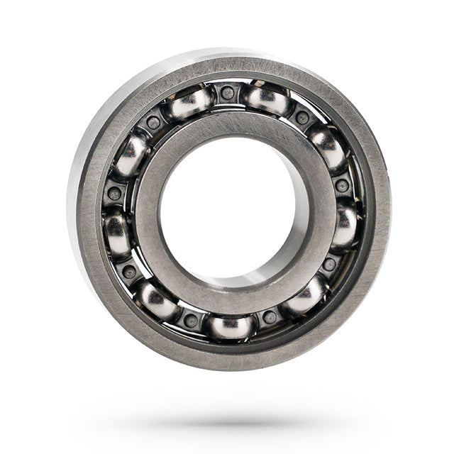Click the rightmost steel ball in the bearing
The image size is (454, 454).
tap(344, 226)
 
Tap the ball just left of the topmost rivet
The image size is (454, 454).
tap(189, 103)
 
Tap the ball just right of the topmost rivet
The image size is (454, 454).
tap(267, 100)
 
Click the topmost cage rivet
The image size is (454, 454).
tap(227, 92)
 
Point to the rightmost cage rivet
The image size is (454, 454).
tap(343, 185)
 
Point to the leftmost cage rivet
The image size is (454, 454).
tap(114, 194)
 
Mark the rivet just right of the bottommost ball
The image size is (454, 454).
tap(270, 316)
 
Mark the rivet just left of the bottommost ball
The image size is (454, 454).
tap(191, 320)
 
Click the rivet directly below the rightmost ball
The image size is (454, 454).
tap(329, 265)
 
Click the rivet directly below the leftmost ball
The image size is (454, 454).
tap(129, 271)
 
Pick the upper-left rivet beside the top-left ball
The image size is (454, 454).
tap(153, 123)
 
